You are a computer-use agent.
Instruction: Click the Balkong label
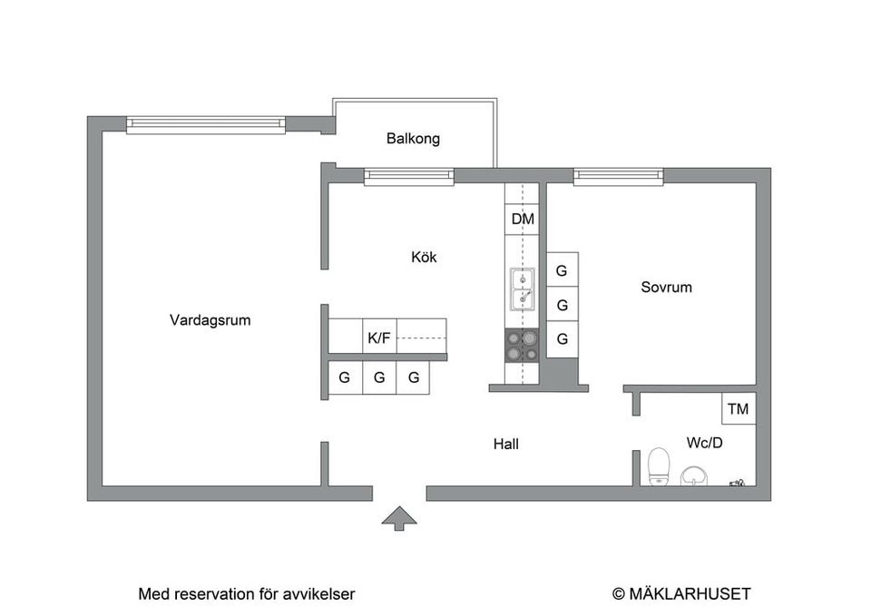(413, 138)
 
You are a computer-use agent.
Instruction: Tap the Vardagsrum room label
(210, 320)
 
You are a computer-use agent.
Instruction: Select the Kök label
(424, 257)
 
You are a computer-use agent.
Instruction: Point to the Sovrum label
(666, 288)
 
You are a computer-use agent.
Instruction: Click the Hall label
(506, 444)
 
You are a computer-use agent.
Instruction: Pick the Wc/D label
(704, 443)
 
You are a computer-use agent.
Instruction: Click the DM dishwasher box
(523, 219)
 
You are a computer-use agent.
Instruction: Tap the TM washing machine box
(739, 409)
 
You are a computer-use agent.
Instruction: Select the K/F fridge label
(379, 337)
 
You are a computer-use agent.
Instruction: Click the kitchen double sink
(523, 288)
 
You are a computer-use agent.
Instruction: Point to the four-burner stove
(523, 346)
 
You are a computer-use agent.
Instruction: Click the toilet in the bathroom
(659, 466)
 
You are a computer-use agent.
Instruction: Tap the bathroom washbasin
(694, 476)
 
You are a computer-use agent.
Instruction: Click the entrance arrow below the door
(399, 519)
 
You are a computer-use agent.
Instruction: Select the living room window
(206, 125)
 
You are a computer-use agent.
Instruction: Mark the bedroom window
(618, 177)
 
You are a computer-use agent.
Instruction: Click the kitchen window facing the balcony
(409, 177)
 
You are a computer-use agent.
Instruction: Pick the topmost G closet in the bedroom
(563, 270)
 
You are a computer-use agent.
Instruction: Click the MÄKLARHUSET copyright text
(681, 594)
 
